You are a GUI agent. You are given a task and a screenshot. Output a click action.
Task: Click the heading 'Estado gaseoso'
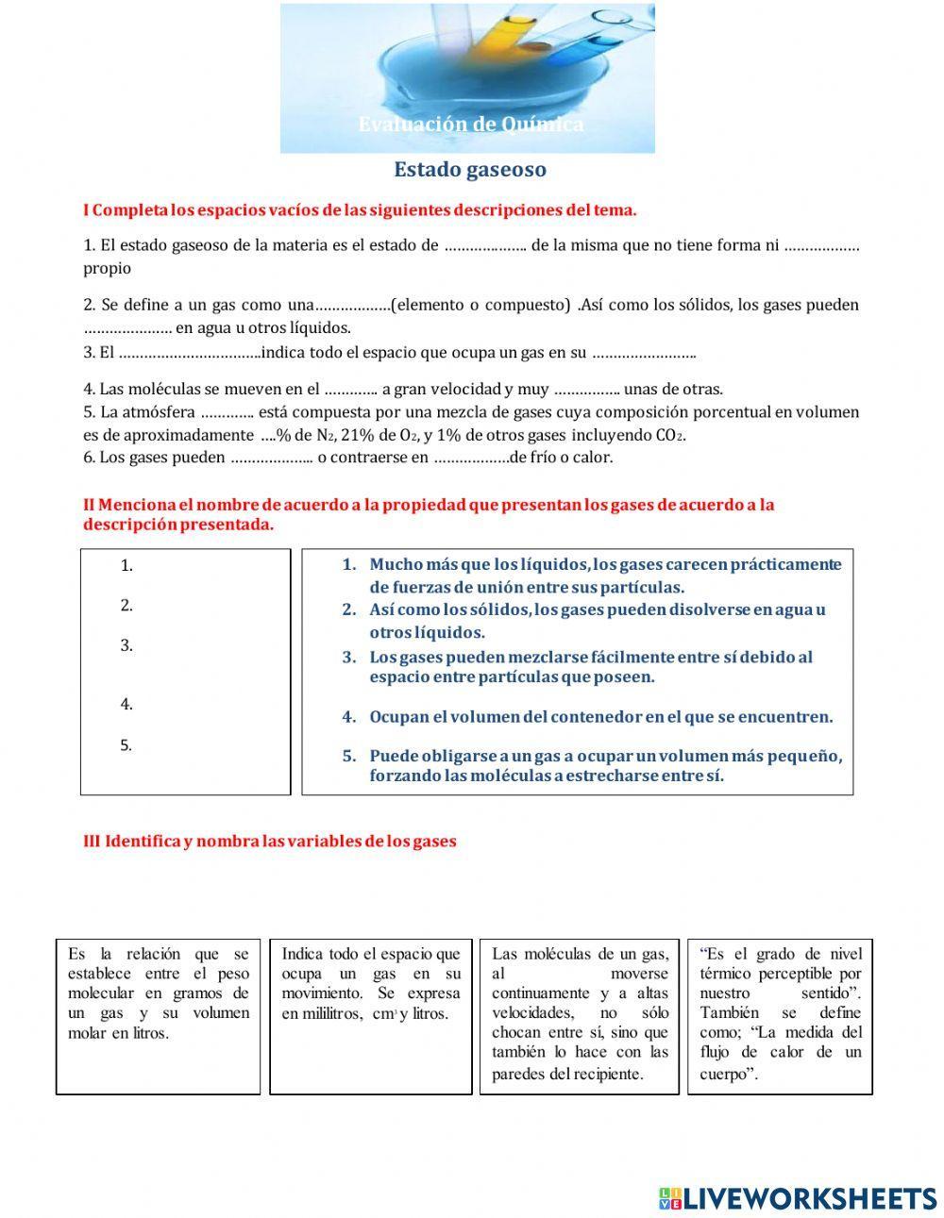coord(470,170)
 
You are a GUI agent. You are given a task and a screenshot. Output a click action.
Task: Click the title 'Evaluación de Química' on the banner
coord(470,125)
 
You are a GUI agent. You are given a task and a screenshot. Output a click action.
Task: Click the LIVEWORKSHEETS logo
coord(798,1197)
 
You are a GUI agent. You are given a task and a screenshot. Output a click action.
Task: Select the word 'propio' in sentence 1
coord(107,268)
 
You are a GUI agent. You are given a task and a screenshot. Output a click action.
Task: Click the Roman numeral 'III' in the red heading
coord(92,841)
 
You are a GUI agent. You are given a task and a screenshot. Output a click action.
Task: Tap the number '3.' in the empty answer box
coord(126,646)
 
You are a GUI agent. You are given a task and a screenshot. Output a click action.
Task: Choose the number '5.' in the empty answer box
coord(126,745)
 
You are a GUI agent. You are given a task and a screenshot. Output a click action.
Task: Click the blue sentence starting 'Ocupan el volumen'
coord(600,717)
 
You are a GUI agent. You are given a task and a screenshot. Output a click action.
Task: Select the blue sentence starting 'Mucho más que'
coord(604,576)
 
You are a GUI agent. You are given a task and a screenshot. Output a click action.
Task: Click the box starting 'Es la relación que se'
coord(159,1016)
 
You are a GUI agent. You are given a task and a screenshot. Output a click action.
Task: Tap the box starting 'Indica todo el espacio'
coord(371,1016)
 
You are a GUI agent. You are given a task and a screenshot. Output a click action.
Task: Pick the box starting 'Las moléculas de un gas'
coord(580,1016)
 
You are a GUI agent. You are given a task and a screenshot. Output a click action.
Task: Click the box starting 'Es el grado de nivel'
coord(781,1016)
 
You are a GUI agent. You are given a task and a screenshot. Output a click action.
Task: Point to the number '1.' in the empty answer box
coord(126,566)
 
